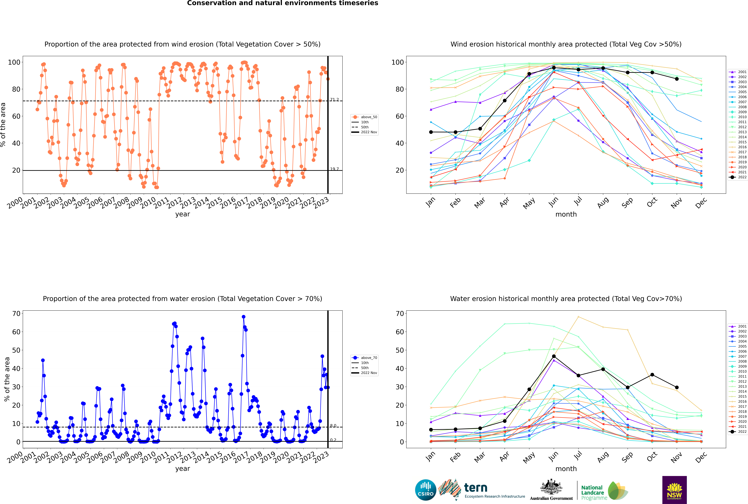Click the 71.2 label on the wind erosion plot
334,100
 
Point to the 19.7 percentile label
334,169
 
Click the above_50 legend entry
364,117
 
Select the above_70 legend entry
364,358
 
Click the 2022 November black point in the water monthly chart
677,387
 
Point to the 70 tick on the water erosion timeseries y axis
16,313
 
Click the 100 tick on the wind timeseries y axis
14,62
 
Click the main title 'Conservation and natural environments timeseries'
283,3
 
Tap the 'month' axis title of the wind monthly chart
566,214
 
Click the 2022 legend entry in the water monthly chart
738,432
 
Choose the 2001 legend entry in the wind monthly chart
738,72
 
